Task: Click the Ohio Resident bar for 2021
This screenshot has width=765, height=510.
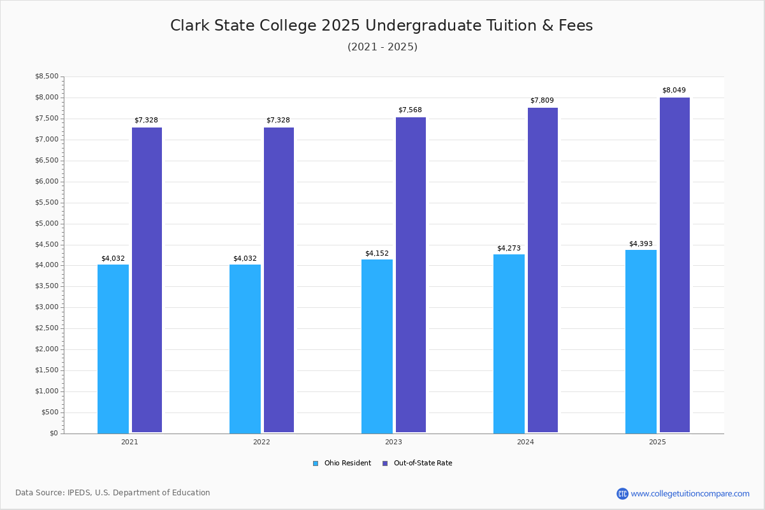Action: [x=113, y=349]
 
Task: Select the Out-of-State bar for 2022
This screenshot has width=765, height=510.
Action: [x=279, y=280]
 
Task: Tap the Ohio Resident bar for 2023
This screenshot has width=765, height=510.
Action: [x=377, y=346]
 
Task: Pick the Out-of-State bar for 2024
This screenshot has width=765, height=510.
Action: [x=543, y=270]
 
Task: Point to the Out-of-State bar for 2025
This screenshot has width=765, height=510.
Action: [x=674, y=265]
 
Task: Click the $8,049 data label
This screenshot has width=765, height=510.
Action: [x=674, y=91]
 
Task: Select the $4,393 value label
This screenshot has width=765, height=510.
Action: [x=641, y=244]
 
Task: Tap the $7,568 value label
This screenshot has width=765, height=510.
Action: [x=410, y=110]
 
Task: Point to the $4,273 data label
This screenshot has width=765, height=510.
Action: [x=509, y=249]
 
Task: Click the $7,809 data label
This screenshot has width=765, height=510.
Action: [x=542, y=101]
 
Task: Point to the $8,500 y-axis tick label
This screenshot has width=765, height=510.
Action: [x=47, y=76]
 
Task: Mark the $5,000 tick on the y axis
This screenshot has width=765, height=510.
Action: [x=47, y=224]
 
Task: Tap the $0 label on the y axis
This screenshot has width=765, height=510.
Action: [x=54, y=433]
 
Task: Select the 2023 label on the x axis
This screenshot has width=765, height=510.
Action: [x=393, y=442]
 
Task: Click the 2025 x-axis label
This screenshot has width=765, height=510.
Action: [x=657, y=442]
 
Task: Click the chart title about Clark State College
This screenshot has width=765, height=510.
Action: [x=381, y=25]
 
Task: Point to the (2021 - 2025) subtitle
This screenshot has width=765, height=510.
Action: [x=382, y=47]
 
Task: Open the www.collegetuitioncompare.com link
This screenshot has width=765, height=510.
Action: [x=690, y=493]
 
